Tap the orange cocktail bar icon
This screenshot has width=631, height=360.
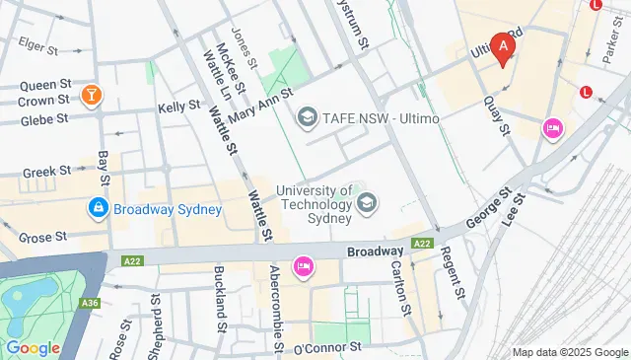pyautogui.click(x=92, y=95)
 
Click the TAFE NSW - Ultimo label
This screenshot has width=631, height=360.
pyautogui.click(x=372, y=118)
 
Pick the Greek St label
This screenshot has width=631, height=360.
pyautogui.click(x=46, y=170)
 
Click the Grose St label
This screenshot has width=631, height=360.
pyautogui.click(x=41, y=237)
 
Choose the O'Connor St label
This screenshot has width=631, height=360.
pyautogui.click(x=328, y=347)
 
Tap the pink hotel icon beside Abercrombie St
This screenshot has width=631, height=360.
pyautogui.click(x=303, y=265)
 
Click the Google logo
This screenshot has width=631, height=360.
pyautogui.click(x=34, y=347)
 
